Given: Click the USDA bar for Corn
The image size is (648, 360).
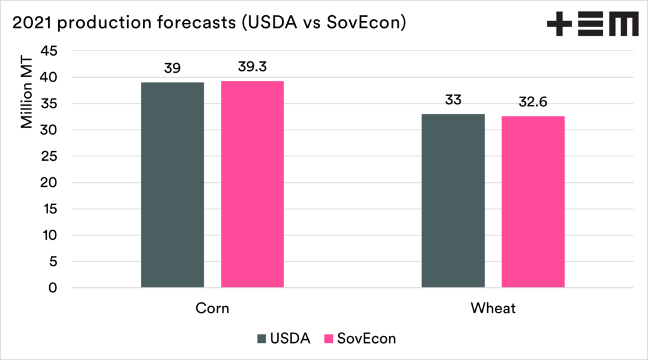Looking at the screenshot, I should [x=172, y=185].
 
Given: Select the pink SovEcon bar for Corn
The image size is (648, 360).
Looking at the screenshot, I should [x=252, y=184].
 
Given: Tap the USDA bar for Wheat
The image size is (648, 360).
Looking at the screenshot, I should [x=453, y=201].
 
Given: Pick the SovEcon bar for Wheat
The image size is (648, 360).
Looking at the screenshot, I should [x=533, y=202].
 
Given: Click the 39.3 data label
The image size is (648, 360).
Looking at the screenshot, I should [x=252, y=67].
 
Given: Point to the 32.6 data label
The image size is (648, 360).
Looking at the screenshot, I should [x=533, y=102].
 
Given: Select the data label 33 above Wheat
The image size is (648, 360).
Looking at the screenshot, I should [x=453, y=100].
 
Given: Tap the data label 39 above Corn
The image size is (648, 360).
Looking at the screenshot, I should [x=172, y=68].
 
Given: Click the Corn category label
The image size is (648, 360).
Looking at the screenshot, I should [x=212, y=309].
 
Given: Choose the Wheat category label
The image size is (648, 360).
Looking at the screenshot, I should [x=493, y=309].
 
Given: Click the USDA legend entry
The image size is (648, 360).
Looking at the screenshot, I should [x=284, y=338].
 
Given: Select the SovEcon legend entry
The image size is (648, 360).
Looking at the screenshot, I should [x=359, y=338].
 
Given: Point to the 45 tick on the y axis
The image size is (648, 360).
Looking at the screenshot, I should [x=49, y=51].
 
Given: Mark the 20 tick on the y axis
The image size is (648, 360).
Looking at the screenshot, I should [x=49, y=182].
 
